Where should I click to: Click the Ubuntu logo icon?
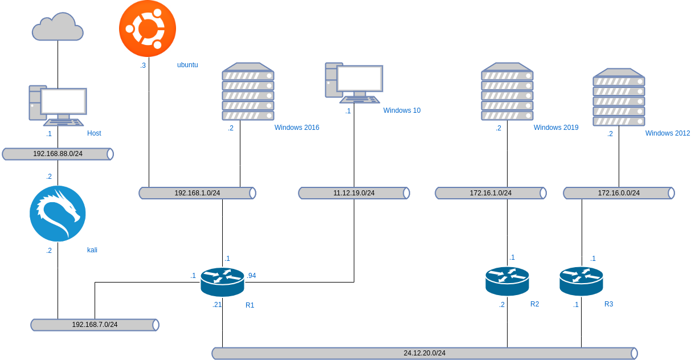148,28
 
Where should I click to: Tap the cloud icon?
58,27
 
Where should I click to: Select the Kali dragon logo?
58,214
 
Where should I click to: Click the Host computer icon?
58,105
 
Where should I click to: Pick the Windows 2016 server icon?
248,92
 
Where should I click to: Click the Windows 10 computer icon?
354,83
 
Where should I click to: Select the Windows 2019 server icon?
507,92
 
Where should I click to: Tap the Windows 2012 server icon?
619,97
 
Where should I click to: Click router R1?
222,281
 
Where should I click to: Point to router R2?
507,281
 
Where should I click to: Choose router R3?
581,281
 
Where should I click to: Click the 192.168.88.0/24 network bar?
58,154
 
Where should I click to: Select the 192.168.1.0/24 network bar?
197,193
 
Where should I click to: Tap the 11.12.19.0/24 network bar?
354,193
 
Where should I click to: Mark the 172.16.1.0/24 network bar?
490,193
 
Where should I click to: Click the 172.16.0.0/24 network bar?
619,193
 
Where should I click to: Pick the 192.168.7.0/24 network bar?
95,325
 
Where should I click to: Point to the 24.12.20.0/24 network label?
424,353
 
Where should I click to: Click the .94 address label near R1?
251,276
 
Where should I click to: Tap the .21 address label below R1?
216,305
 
